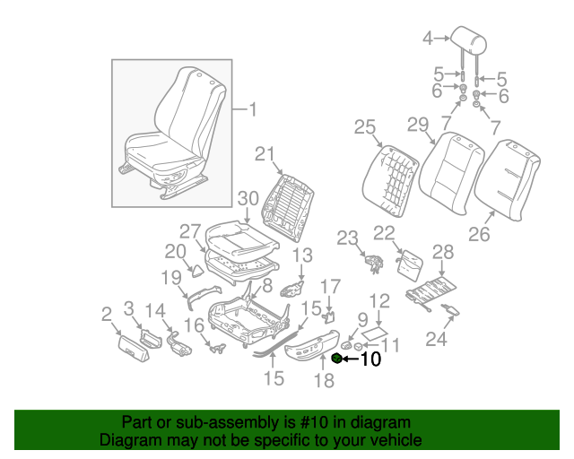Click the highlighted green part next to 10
(337, 359)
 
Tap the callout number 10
(370, 360)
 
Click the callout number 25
(363, 127)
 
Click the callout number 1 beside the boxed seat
(251, 110)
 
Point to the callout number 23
(347, 238)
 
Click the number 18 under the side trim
(323, 381)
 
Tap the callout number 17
(331, 286)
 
